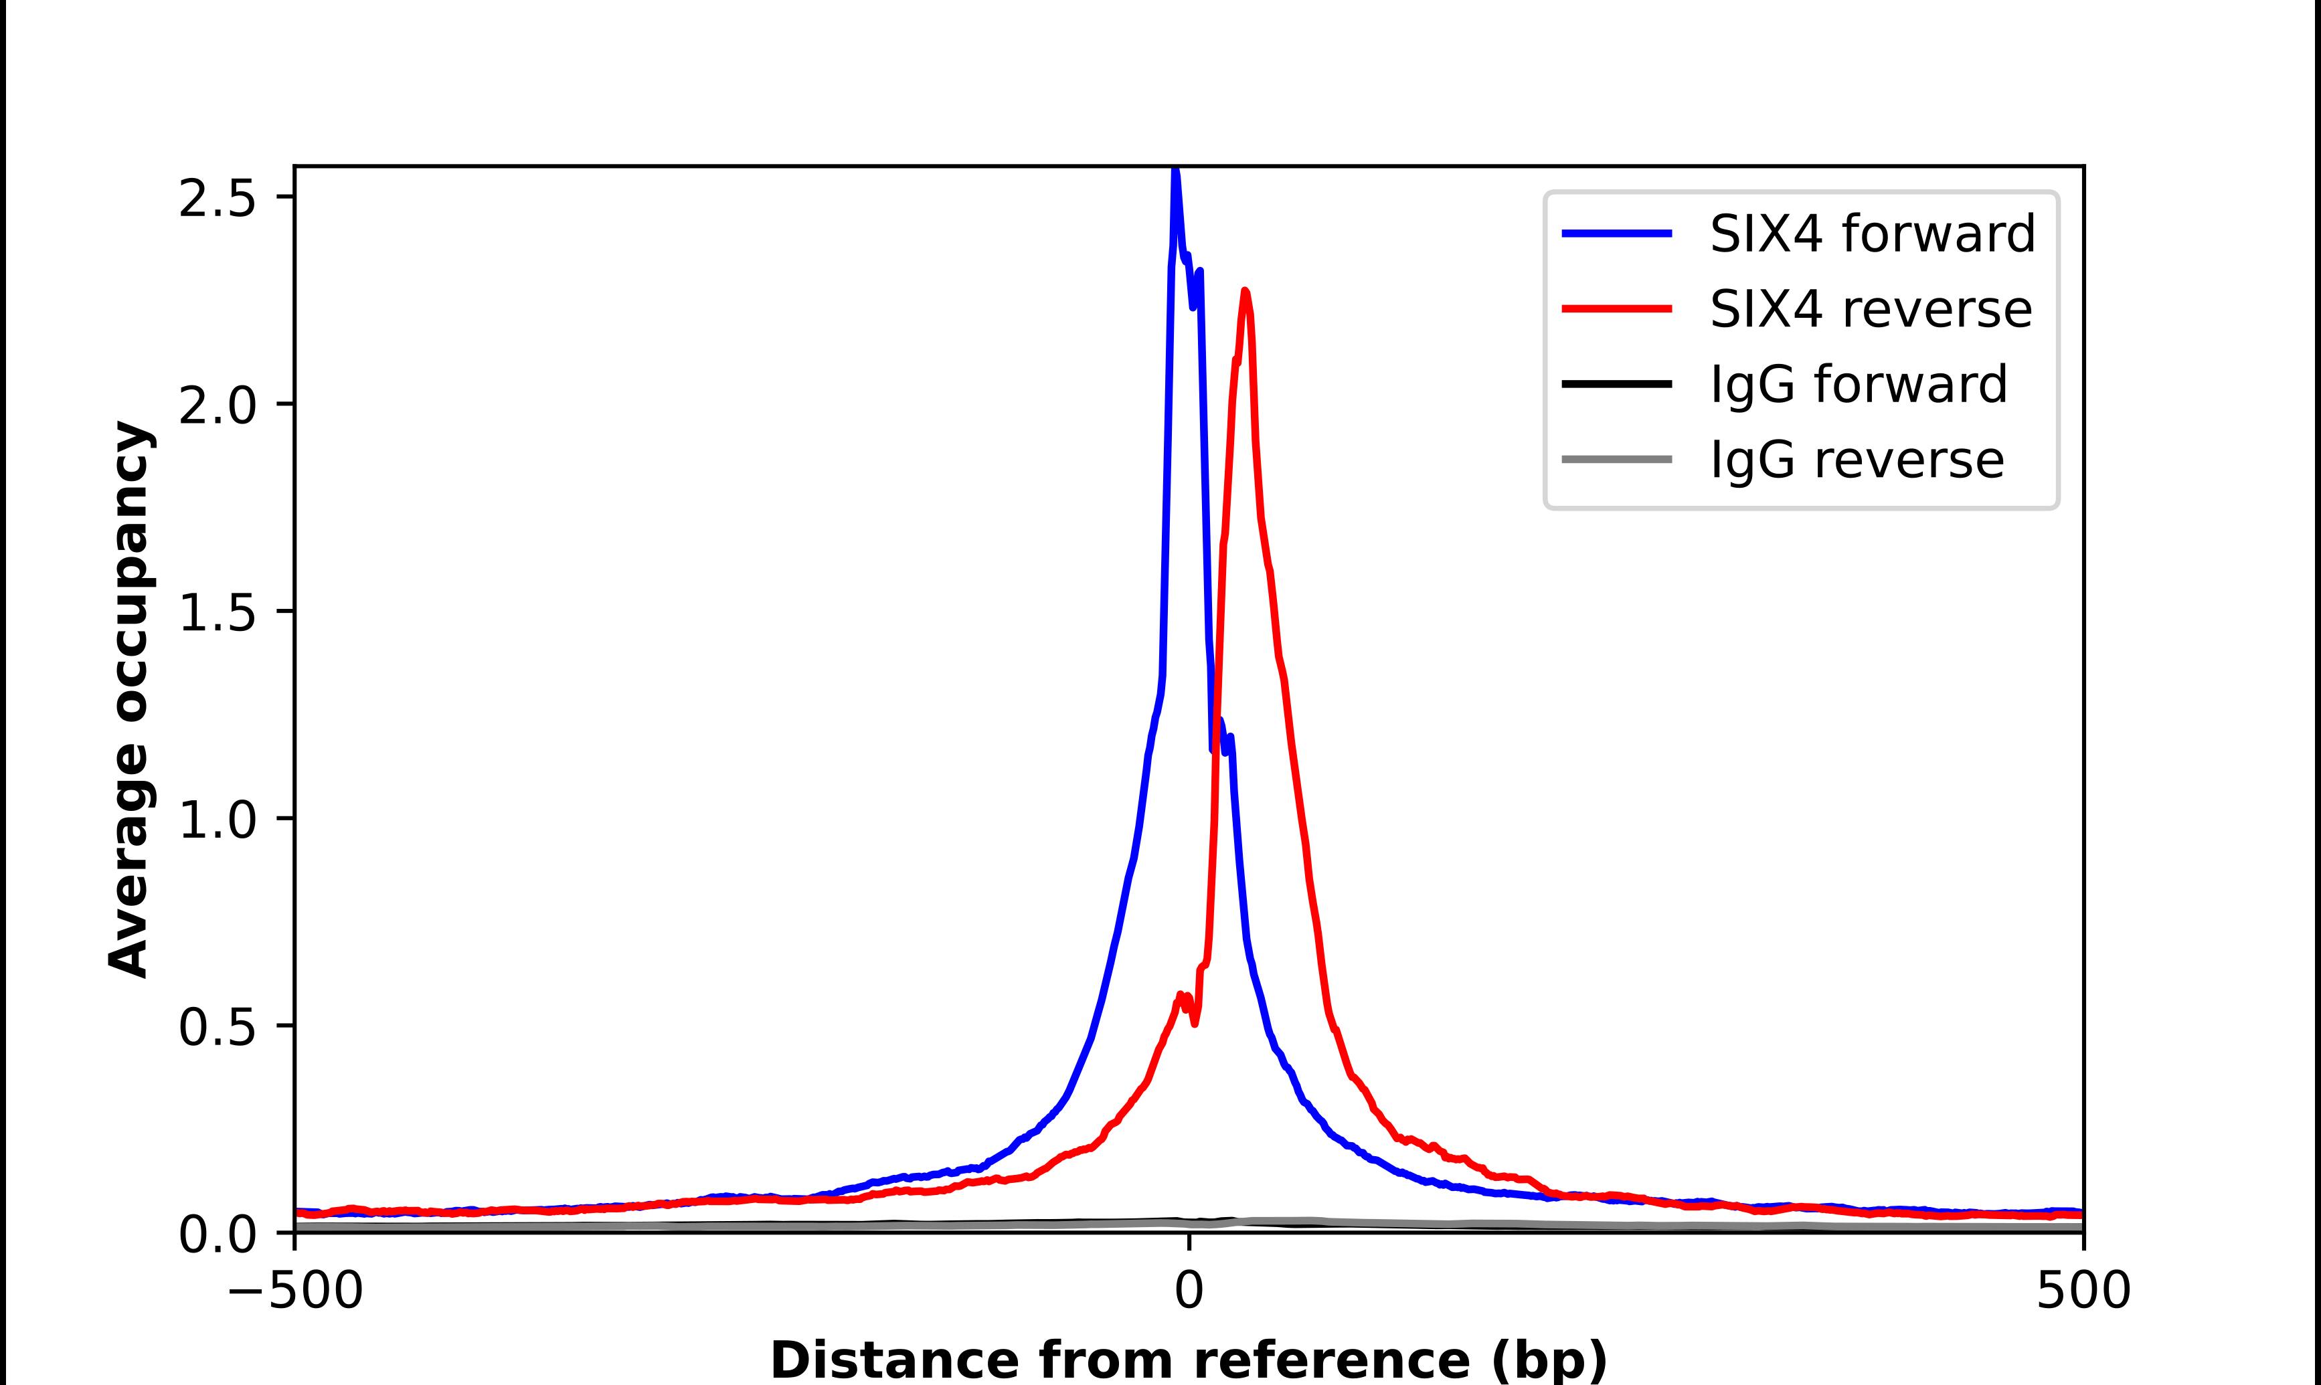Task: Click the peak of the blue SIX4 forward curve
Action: tap(1175, 173)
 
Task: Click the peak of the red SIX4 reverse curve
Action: tap(1245, 292)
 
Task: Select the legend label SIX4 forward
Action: tap(1872, 234)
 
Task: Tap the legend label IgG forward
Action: tap(1858, 383)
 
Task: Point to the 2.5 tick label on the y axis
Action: tap(217, 198)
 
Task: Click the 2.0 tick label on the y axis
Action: tap(217, 405)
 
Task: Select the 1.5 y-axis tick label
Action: tap(217, 612)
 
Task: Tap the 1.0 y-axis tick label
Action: tap(217, 820)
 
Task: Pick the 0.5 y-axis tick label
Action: tap(217, 1026)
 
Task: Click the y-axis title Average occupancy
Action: tap(128, 700)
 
